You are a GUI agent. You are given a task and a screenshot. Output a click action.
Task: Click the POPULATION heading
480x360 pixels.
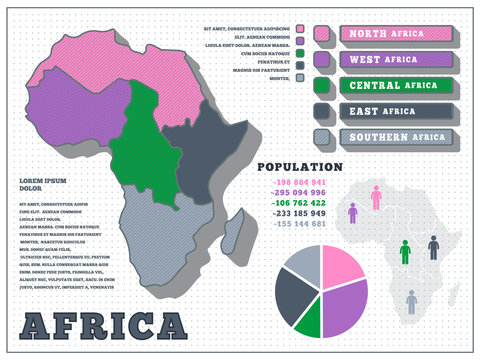(300, 167)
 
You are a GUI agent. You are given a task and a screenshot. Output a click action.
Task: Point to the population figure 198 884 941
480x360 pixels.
(299, 183)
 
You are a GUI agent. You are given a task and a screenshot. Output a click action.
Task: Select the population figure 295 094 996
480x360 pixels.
(299, 193)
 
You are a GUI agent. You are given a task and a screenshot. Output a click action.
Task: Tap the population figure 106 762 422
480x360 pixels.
(299, 203)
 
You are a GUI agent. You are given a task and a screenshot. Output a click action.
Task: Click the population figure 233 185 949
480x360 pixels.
(299, 213)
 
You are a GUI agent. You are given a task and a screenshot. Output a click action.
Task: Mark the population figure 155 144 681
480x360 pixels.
(299, 224)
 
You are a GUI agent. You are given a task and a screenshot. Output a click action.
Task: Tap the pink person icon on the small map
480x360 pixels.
(376, 197)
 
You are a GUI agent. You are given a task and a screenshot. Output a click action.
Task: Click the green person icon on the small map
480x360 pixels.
(405, 252)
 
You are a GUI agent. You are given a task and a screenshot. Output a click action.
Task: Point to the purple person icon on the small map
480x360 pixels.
(352, 213)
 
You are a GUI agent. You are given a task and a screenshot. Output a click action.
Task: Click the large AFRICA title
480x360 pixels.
(104, 326)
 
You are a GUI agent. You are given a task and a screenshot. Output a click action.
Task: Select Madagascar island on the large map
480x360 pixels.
(232, 232)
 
